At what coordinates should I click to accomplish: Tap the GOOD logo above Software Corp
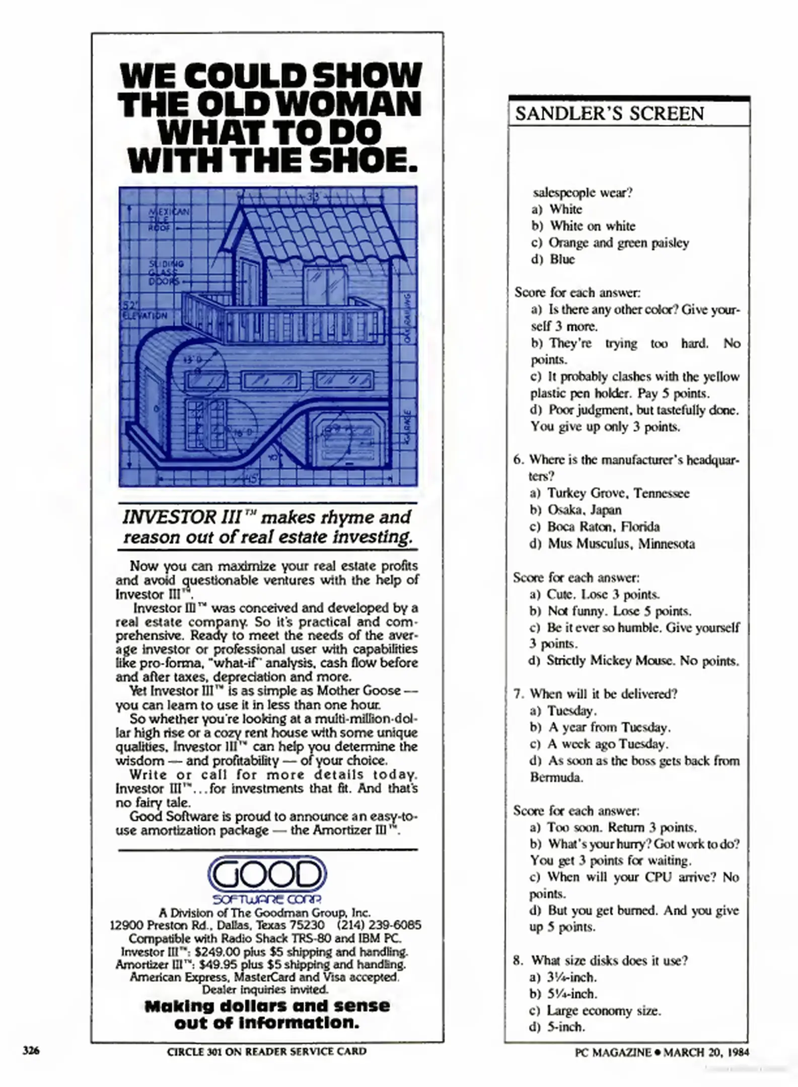(x=267, y=874)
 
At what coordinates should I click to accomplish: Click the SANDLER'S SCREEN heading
(x=610, y=114)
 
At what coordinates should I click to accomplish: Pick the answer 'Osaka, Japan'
(x=585, y=510)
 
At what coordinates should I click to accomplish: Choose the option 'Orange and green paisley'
(x=618, y=243)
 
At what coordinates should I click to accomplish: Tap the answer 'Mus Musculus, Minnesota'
(x=621, y=543)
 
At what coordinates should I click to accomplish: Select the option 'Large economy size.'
(x=604, y=1011)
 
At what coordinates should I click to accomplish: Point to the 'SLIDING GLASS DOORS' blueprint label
(x=166, y=272)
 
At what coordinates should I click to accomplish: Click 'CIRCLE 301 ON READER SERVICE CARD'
(x=267, y=1051)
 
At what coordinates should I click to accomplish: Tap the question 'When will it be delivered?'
(x=603, y=694)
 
